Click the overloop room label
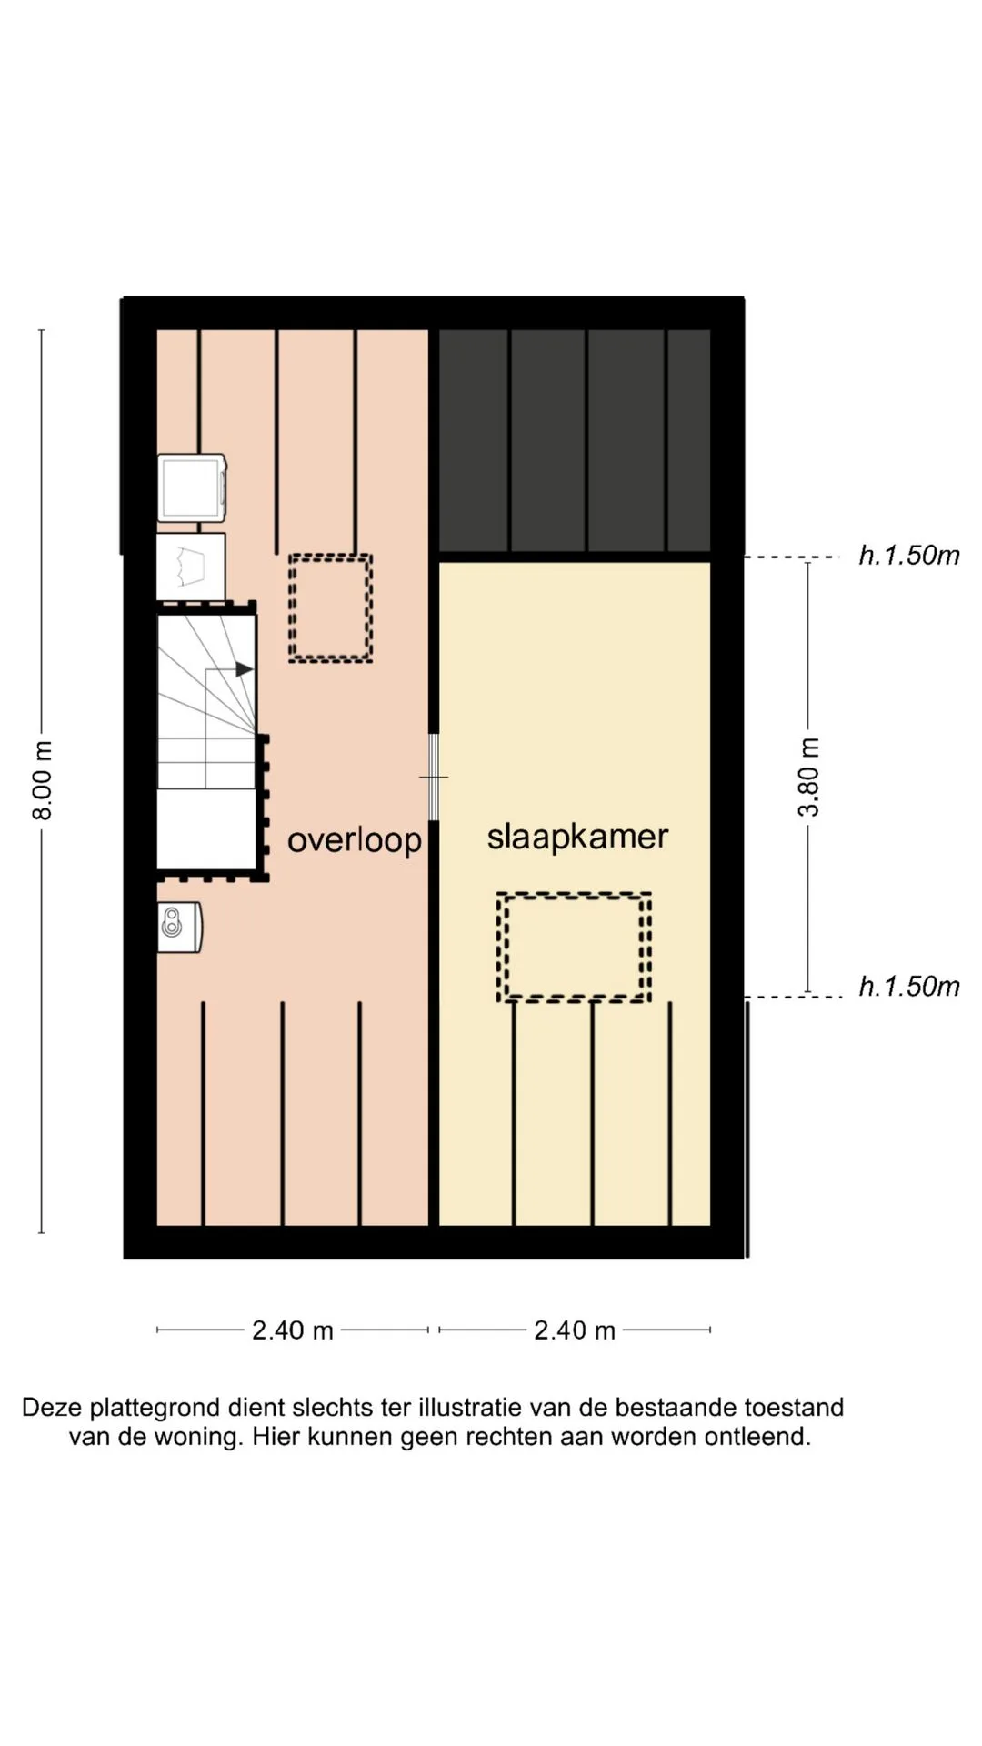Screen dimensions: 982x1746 point(355,840)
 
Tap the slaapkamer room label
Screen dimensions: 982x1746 point(577,838)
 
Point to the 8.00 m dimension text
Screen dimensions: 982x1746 point(43,780)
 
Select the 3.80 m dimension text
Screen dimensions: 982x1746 point(808,778)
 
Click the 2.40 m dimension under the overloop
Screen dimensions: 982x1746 point(293,1330)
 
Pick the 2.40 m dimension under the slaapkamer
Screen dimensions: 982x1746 point(575,1330)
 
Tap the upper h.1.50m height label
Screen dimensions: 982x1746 point(909,556)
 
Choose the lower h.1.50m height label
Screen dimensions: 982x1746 point(909,987)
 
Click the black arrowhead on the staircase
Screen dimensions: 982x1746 point(245,669)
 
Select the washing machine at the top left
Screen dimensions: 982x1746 point(192,488)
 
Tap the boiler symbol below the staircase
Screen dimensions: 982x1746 point(179,927)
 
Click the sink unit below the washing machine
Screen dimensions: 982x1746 point(191,566)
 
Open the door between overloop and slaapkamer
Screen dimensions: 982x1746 point(434,778)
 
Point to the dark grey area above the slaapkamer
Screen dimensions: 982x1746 point(575,441)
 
